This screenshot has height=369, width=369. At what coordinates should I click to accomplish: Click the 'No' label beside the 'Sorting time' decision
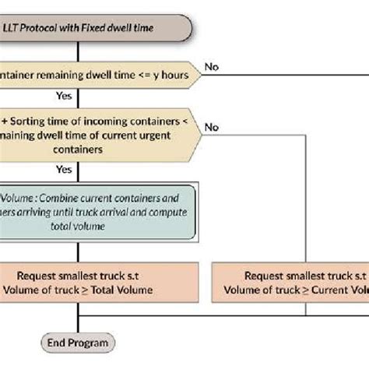click(211, 126)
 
